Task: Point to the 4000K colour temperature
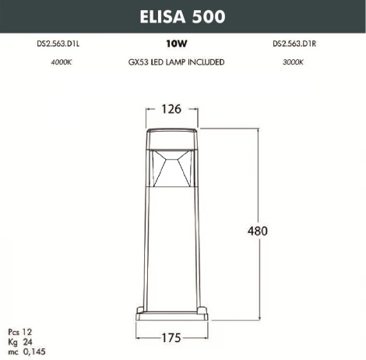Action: coord(37,62)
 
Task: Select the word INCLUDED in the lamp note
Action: coord(206,62)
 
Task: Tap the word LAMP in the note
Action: coord(175,62)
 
